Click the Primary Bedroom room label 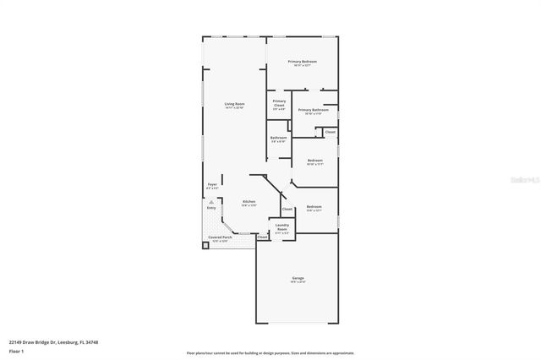302,62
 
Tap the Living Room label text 234,103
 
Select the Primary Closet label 279,103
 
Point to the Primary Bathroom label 314,110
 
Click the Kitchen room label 249,201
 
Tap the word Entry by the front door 211,208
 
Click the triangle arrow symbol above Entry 211,202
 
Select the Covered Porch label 221,237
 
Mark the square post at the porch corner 205,246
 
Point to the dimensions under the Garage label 298,283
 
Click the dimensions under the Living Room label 234,108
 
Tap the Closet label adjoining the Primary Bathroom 331,132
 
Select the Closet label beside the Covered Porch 262,237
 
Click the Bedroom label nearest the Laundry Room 314,207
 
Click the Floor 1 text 16,350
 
